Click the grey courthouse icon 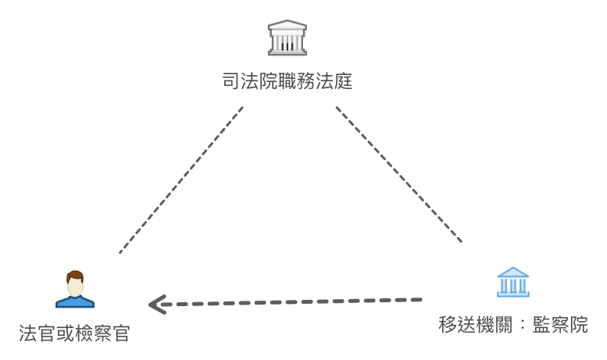[x=287, y=37]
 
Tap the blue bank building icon [x=512, y=282]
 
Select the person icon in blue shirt [x=75, y=290]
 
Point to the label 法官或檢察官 [x=74, y=333]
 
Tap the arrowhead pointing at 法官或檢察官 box [x=158, y=304]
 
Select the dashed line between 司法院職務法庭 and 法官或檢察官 [x=180, y=180]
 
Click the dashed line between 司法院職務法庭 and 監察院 [x=400, y=174]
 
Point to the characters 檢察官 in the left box [x=102, y=333]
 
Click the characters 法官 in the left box [x=37, y=333]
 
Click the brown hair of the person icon [x=75, y=276]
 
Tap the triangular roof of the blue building [x=512, y=273]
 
